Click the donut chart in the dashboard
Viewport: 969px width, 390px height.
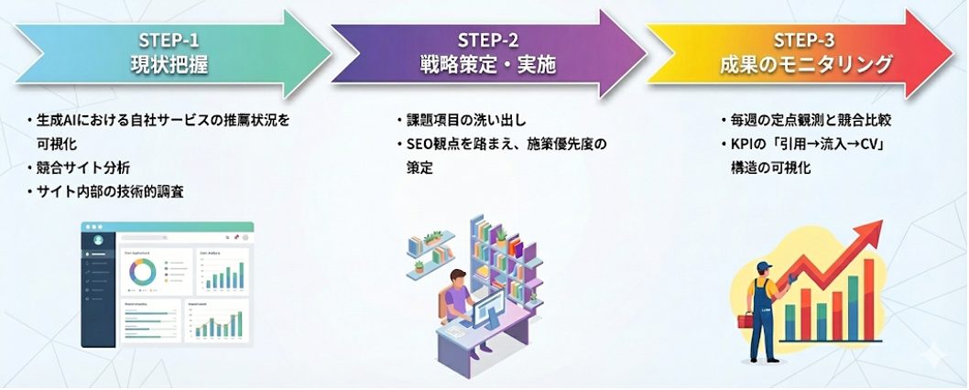pos(139,271)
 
